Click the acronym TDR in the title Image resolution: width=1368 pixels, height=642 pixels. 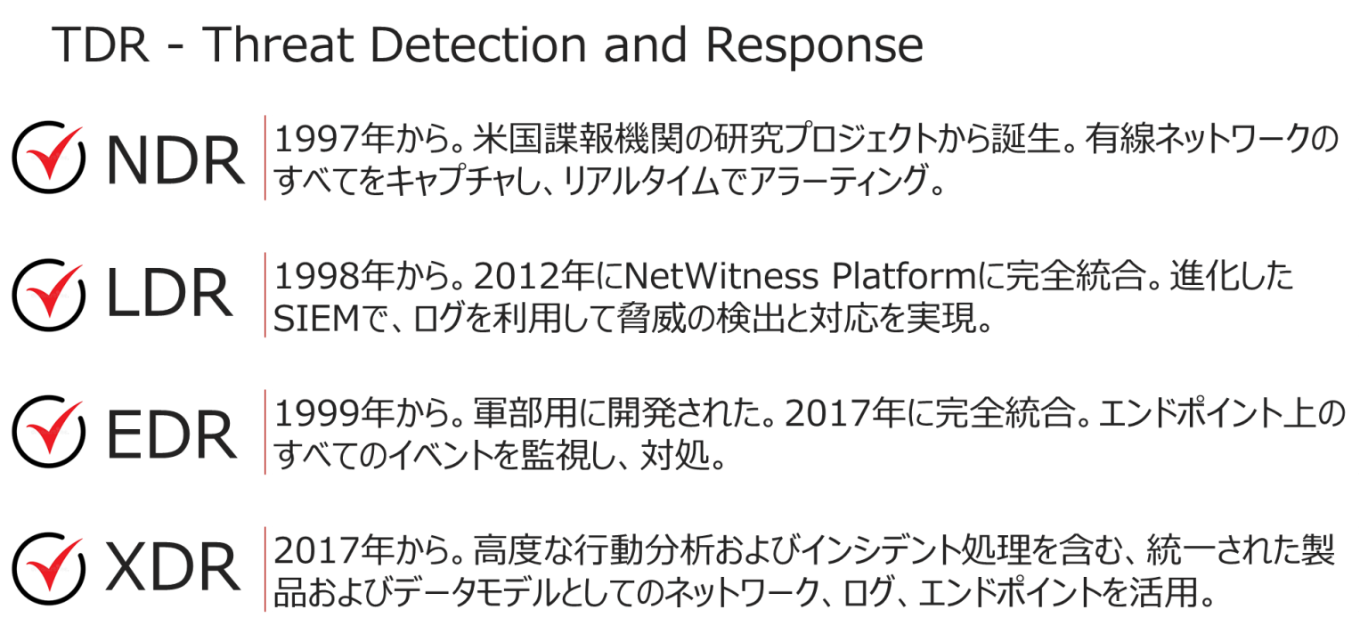click(101, 45)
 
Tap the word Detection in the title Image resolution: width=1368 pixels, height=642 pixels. click(478, 45)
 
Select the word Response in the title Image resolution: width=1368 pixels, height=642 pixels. click(814, 48)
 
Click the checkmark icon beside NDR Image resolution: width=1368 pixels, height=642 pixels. click(48, 157)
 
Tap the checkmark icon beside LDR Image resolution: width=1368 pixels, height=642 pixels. click(48, 295)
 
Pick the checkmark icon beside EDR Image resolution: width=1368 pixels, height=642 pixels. click(48, 431)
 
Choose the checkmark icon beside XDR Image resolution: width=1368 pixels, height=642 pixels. click(48, 568)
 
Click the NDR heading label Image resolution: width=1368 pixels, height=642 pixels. click(175, 160)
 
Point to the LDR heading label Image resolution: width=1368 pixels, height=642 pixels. click(169, 293)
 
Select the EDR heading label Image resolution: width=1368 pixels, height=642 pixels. click(172, 435)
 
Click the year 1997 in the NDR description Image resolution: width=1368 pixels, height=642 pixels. click(316, 139)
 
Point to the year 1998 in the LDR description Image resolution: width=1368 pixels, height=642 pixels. click(316, 276)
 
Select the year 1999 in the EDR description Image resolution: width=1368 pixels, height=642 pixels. click(316, 413)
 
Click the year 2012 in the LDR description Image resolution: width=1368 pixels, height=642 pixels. click(516, 276)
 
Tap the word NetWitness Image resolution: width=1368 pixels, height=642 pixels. click(722, 276)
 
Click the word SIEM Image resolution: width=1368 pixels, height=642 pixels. click(316, 318)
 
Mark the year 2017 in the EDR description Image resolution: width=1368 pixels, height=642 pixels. click(827, 413)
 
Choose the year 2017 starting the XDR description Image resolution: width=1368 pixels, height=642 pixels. click(316, 549)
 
